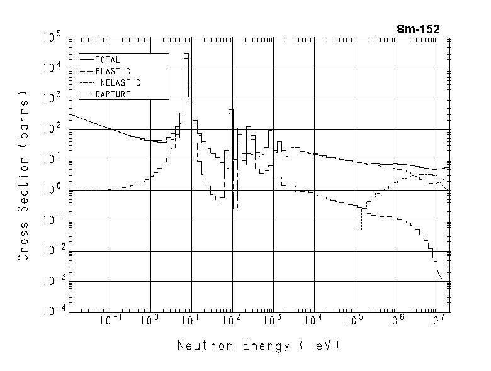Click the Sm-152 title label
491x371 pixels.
pos(418,29)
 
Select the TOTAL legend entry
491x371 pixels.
pos(107,60)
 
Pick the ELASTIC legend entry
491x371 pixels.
pos(113,71)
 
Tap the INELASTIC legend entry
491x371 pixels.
pos(118,83)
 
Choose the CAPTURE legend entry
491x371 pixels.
pos(113,94)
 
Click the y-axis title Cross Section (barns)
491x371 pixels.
pos(23,179)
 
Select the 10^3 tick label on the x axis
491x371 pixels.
pos(274,321)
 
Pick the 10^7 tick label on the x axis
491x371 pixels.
pos(437,321)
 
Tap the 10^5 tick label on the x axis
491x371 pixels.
pos(356,321)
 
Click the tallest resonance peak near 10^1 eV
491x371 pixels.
pos(186,55)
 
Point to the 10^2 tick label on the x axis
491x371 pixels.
pos(233,321)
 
